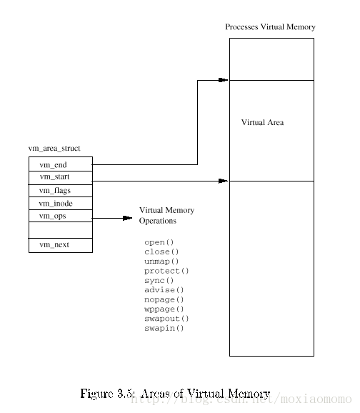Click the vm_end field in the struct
[61, 164]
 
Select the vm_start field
[61, 178]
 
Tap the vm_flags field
[61, 191]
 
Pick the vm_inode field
[61, 204]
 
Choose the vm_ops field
[61, 216]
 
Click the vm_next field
[61, 246]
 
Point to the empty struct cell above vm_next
[61, 230]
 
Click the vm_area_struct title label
[54, 149]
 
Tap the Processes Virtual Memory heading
[270, 27]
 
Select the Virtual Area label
[263, 122]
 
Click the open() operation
[159, 242]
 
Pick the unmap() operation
[161, 262]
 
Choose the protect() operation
[166, 271]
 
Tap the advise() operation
[164, 290]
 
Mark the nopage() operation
[164, 299]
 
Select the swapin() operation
[164, 328]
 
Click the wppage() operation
[164, 309]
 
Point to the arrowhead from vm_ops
[128, 218]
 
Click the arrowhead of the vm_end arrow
[224, 80]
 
